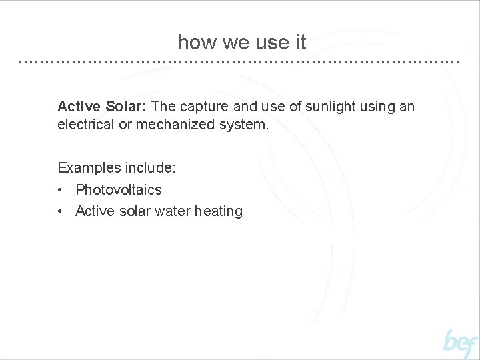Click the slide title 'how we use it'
[x=241, y=43]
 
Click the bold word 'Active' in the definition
[x=79, y=107]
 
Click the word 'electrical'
[x=86, y=125]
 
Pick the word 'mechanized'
[x=177, y=125]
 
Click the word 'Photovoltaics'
[x=119, y=189]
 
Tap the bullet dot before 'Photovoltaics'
[x=61, y=190]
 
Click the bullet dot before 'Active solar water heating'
[x=61, y=211]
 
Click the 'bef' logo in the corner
[x=461, y=343]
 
